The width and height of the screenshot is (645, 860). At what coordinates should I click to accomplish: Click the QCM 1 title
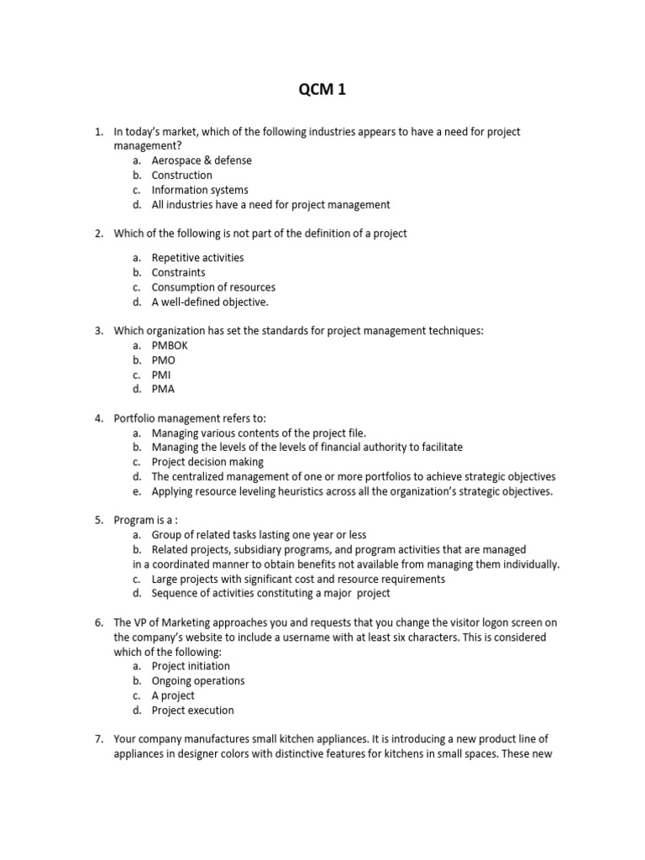coord(322,91)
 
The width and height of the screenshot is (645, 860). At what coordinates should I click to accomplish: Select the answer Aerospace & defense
coord(201,160)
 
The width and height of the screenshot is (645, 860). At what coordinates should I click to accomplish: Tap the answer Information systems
coord(199,190)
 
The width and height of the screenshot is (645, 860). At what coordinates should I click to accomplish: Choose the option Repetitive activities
coord(197,258)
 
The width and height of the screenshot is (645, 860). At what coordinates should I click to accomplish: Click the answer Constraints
coord(178,273)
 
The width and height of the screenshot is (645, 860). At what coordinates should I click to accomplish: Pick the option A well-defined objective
coord(210,302)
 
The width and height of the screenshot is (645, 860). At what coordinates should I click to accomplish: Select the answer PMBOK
coord(170,345)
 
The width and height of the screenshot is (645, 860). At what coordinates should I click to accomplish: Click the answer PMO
coord(164,360)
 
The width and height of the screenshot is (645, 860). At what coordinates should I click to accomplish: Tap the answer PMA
coord(164,389)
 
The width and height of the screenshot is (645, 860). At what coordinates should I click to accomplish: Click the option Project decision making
coord(207,462)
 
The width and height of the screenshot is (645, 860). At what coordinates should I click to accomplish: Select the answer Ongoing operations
coord(198,681)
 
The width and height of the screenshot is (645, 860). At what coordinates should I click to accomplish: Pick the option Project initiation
coord(191,666)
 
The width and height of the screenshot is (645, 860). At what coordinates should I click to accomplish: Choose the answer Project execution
coord(192,711)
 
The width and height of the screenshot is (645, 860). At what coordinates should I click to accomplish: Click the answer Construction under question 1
coord(181,176)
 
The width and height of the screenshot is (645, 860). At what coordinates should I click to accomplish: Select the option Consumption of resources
coord(213,287)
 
